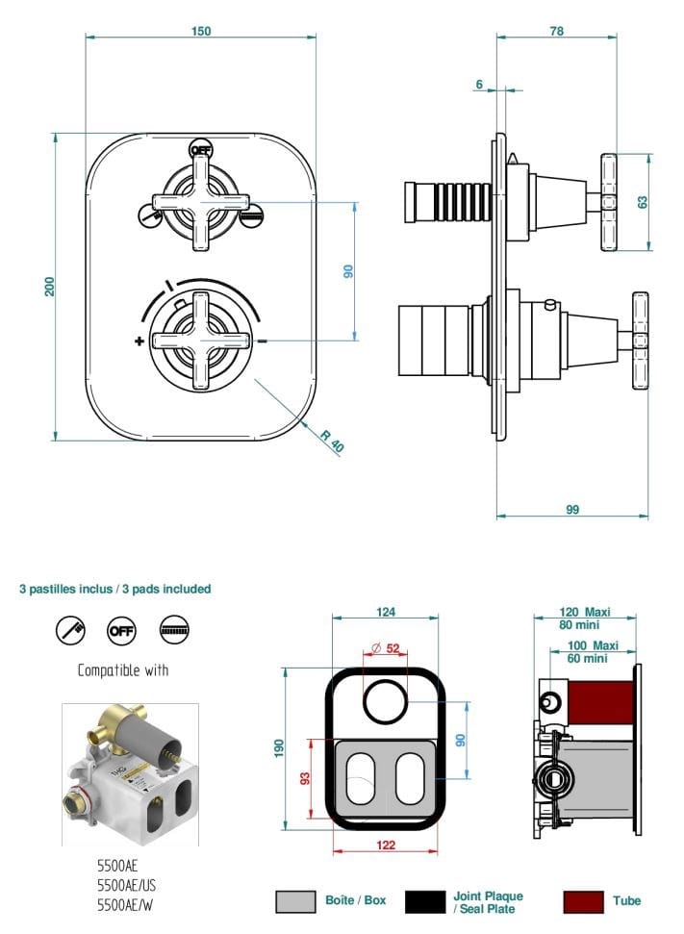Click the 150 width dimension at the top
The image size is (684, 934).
click(200, 31)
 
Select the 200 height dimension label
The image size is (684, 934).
click(49, 286)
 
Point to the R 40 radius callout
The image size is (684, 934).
click(333, 440)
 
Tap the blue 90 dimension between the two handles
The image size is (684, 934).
click(348, 271)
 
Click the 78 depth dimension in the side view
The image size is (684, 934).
click(556, 31)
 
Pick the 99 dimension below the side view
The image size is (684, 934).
click(572, 510)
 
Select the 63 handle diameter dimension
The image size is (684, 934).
click(643, 201)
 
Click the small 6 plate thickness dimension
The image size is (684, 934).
click(479, 85)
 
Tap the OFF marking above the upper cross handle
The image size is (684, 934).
click(200, 151)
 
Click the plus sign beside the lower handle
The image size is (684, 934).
click(139, 341)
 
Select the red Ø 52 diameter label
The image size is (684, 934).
click(386, 648)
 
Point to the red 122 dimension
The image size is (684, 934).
click(385, 846)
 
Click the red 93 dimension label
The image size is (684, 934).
click(305, 778)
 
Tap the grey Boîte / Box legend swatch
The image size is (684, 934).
click(296, 901)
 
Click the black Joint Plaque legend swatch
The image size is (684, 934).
click(425, 901)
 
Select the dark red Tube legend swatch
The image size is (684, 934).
click(583, 901)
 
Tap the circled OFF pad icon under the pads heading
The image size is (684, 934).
click(122, 630)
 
